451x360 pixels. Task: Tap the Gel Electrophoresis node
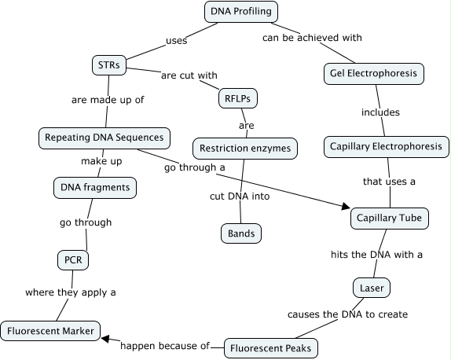click(374, 74)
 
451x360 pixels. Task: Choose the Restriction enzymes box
click(245, 148)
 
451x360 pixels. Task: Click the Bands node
click(240, 233)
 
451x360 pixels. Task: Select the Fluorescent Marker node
click(51, 331)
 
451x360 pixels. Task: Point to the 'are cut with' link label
click(189, 76)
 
